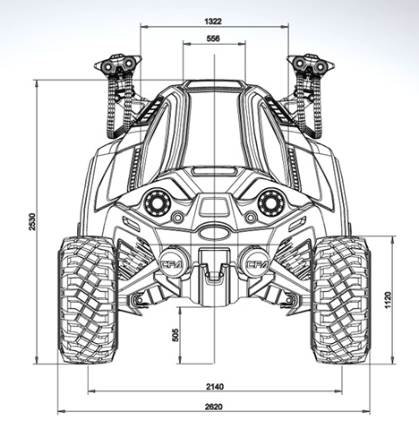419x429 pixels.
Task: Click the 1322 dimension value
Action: point(213,21)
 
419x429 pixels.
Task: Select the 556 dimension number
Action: point(213,39)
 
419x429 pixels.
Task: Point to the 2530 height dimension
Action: point(32,221)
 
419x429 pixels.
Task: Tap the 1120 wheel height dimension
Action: point(388,300)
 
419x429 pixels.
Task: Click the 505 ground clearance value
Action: point(175,335)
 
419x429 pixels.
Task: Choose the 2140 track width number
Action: point(215,387)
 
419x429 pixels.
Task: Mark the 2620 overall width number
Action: point(214,407)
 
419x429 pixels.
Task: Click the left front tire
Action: point(88,300)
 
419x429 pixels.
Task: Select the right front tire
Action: point(340,300)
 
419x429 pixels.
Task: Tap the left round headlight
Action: point(157,202)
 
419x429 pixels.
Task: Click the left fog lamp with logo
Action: point(174,262)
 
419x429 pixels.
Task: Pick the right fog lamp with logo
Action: point(256,262)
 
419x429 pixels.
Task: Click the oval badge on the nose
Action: point(214,232)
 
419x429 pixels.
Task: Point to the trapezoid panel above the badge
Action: point(214,207)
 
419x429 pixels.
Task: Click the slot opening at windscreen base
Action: point(214,171)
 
